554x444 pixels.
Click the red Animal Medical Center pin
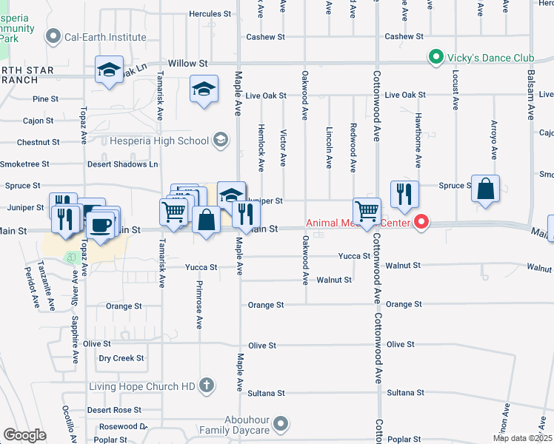tap(421, 221)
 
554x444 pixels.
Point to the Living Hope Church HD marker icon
tap(206, 386)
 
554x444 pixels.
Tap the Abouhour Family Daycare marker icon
tap(280, 424)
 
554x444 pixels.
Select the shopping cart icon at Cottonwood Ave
tap(367, 212)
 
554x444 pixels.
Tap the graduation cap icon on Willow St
tap(109, 71)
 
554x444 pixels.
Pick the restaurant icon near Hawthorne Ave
tap(404, 195)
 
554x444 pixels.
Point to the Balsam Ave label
tap(531, 95)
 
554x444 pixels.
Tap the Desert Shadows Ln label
tap(123, 164)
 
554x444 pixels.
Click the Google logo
tap(24, 435)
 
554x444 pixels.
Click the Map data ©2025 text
tap(521, 438)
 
